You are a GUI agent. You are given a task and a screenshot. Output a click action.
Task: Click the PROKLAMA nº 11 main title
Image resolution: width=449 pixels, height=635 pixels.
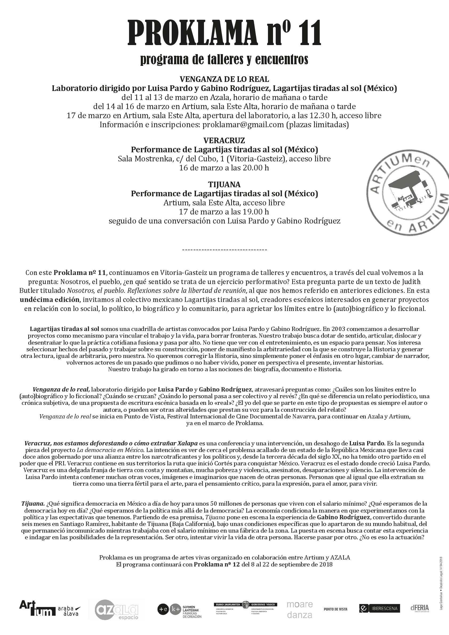coord(224,33)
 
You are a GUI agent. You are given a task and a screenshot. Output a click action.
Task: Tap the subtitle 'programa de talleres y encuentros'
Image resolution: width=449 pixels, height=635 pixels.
coord(224,59)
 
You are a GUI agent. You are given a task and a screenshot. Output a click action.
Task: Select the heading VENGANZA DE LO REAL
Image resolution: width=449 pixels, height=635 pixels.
coord(224,79)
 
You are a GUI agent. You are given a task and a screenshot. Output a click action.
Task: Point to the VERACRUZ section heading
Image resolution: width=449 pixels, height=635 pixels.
coord(224,141)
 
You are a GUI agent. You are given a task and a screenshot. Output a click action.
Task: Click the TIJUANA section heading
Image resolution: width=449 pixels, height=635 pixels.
coord(224,185)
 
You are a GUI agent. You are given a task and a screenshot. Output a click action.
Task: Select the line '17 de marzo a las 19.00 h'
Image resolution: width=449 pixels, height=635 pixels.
coord(224,212)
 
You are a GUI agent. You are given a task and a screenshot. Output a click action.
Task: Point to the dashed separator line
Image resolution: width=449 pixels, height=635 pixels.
coord(224,250)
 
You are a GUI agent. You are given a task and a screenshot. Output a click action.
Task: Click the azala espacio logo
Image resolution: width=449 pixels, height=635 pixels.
coord(116,609)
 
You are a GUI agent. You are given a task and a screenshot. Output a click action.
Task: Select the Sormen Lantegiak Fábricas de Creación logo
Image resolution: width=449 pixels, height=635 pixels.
coord(180,609)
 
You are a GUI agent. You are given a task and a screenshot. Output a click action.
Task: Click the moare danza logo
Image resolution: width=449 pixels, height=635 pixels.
coord(300,610)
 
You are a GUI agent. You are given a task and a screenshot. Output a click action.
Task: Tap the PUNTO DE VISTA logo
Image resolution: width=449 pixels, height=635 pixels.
coord(335,609)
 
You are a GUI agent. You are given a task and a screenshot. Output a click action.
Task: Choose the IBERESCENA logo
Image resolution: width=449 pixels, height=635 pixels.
coord(379,608)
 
